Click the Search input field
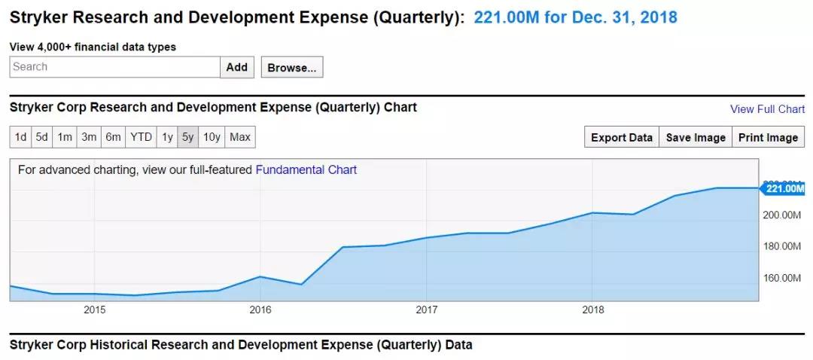click(114, 67)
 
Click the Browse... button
click(292, 68)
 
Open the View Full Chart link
click(767, 109)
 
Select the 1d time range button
click(20, 137)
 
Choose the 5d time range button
click(42, 137)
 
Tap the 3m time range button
click(89, 137)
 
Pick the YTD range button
click(141, 137)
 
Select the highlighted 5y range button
click(187, 137)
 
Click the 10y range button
click(212, 137)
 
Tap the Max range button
click(240, 137)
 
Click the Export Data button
click(621, 137)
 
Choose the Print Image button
click(768, 137)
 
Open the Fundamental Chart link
click(306, 170)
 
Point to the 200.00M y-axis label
click(783, 215)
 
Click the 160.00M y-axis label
click(783, 278)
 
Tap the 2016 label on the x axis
click(260, 310)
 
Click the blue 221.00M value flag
click(784, 188)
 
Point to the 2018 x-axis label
click(593, 310)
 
